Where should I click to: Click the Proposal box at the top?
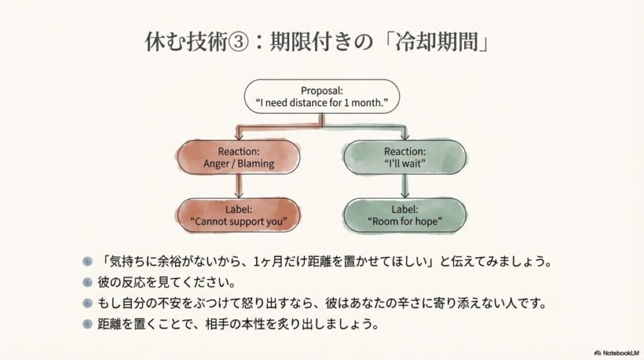coord(322,96)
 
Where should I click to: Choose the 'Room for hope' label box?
coord(404,215)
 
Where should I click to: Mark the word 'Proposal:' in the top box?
coord(322,89)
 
